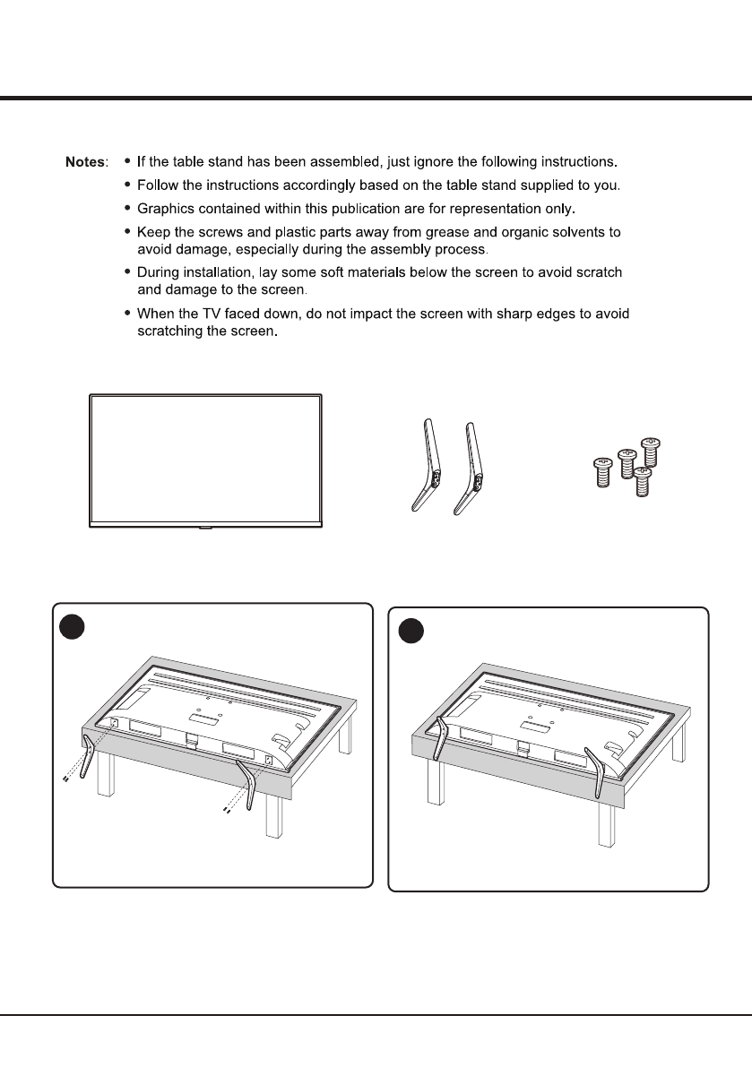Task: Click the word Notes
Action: [x=85, y=163]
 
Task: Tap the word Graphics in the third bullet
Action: [x=165, y=209]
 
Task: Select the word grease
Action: [x=440, y=232]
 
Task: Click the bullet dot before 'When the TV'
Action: [x=128, y=314]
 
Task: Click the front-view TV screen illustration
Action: [x=205, y=458]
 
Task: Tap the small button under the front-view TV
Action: [x=205, y=528]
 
